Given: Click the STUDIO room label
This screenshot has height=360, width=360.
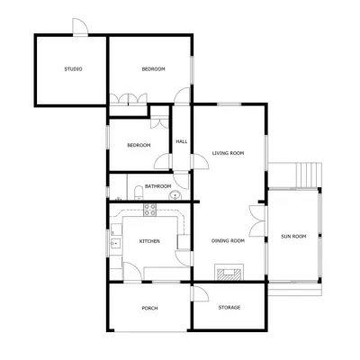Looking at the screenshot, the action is coord(73,69).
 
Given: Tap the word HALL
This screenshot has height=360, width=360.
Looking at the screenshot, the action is coord(182,141).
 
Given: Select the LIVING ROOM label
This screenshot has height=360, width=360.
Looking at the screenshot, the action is coord(228,153).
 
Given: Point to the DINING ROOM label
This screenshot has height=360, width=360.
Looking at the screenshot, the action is coord(228,240).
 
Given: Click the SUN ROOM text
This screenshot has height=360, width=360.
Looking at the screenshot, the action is coord(293,237).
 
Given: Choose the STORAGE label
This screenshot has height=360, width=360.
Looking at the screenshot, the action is coord(229,308).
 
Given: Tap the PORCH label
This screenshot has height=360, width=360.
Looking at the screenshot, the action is coord(149,308).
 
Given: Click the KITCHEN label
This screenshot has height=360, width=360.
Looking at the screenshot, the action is coord(149,241).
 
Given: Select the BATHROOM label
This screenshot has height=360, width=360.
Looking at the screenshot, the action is coord(157,186).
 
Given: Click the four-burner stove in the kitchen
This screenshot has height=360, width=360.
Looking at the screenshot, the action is coord(149,210).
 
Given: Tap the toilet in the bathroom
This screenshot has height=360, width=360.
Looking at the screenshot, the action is coord(139,193).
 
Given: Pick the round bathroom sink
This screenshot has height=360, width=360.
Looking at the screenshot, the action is coord(175,195).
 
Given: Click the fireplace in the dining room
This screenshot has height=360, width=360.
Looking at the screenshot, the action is coord(229,273).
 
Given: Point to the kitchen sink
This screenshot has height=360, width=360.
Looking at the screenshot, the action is coord(116,244).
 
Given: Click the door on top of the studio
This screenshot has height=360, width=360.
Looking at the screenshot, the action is coord(80,27).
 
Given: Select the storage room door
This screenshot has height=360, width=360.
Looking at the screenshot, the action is coord(201,293).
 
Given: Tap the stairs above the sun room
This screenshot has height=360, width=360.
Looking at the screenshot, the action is coord(309,175).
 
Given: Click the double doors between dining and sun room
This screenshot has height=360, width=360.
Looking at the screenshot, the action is coord(257,221).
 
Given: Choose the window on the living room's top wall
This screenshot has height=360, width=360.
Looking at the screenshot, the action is coord(229,104).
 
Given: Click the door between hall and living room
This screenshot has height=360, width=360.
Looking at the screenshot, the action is coord(199,161).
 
